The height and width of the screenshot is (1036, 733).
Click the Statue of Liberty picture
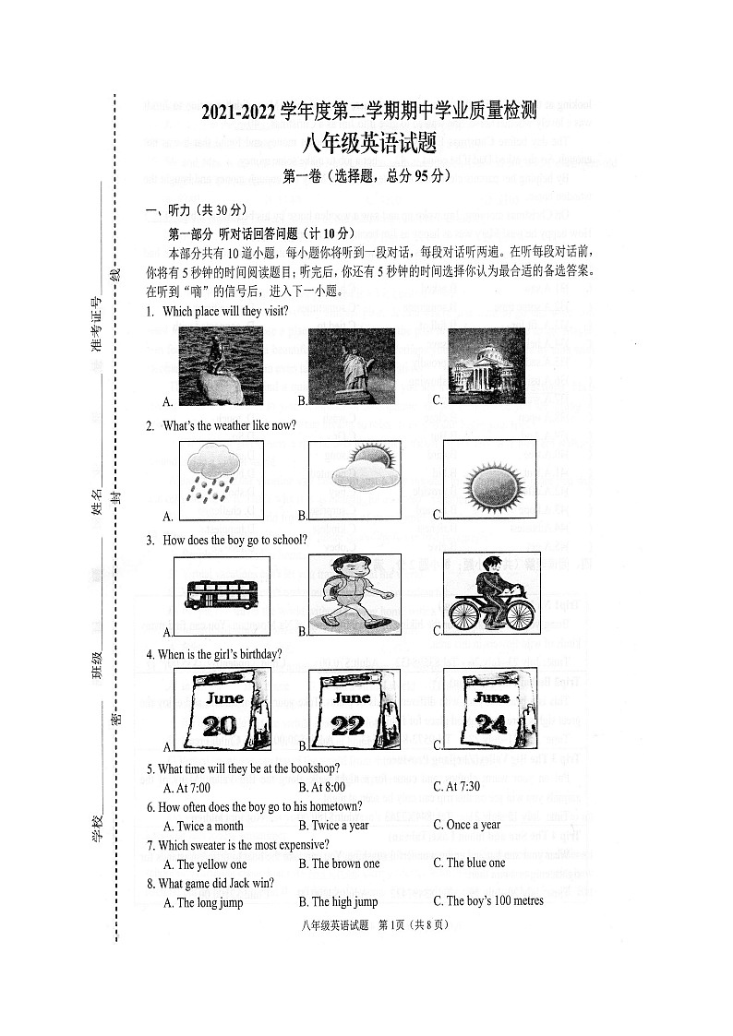351,366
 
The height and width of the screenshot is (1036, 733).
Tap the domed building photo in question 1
486,366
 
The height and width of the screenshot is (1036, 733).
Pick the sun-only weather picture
487,481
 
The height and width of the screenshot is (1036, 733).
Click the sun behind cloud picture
354,481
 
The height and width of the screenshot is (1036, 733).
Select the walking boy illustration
355,594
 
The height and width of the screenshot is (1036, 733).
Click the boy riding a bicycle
490,595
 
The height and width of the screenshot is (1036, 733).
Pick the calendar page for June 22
354,709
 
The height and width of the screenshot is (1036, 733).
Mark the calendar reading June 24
489,709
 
